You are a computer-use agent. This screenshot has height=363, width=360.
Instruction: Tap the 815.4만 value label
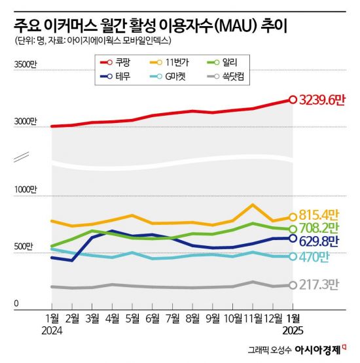(320, 214)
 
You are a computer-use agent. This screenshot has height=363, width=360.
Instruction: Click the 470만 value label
(315, 256)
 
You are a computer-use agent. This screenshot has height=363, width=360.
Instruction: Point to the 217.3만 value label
(320, 285)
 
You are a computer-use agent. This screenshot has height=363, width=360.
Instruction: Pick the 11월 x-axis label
(252, 318)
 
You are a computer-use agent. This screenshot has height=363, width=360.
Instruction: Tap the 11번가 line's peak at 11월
(253, 205)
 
